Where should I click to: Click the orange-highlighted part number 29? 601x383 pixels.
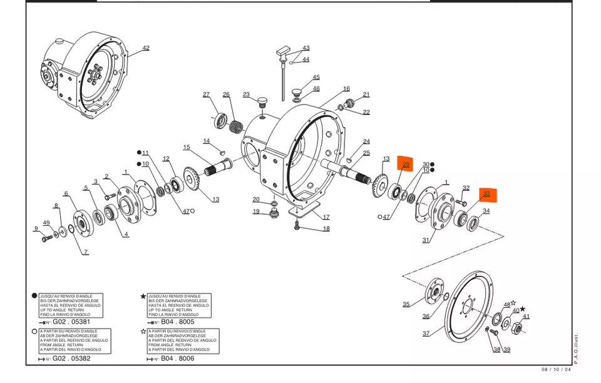pyautogui.click(x=406, y=165)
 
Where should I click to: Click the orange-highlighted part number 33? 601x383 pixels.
pyautogui.click(x=486, y=194)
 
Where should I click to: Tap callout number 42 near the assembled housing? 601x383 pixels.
pyautogui.click(x=146, y=48)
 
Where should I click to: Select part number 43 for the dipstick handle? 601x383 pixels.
pyautogui.click(x=306, y=48)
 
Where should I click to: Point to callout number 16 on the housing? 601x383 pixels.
pyautogui.click(x=346, y=89)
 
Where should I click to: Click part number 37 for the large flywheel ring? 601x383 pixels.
pyautogui.click(x=426, y=334)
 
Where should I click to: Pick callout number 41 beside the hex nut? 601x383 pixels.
pyautogui.click(x=526, y=316)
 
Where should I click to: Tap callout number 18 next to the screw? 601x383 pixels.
pyautogui.click(x=326, y=229)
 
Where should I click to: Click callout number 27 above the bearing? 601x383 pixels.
pyautogui.click(x=206, y=94)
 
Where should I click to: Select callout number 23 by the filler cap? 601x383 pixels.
pyautogui.click(x=246, y=95)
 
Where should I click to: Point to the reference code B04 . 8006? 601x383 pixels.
pyautogui.click(x=178, y=359)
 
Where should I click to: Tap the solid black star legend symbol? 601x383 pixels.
pyautogui.click(x=143, y=296)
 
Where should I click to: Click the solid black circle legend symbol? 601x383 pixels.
pyautogui.click(x=34, y=296)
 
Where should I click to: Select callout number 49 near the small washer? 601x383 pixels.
pyautogui.click(x=46, y=223)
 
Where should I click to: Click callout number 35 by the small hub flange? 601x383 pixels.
pyautogui.click(x=406, y=304)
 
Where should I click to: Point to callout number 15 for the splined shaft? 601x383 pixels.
pyautogui.click(x=186, y=147)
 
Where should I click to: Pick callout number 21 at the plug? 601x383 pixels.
pyautogui.click(x=366, y=94)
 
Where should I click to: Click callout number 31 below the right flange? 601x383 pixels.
pyautogui.click(x=426, y=240)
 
